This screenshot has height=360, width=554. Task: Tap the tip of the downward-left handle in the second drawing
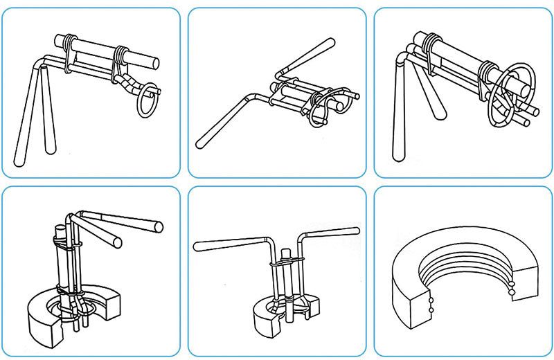click(200, 144)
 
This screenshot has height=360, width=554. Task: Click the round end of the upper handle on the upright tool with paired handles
click(159, 226)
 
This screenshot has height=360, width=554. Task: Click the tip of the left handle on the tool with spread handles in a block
click(197, 244)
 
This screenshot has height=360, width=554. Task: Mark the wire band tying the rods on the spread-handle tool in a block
click(282, 264)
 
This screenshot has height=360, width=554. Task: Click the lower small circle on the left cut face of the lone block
click(431, 310)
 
